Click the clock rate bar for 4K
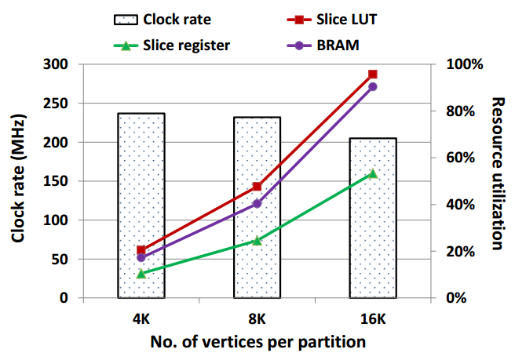(x=141, y=205)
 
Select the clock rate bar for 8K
(x=257, y=207)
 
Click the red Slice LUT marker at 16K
(x=373, y=75)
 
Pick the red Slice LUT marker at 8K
(x=257, y=187)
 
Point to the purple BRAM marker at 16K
(x=373, y=86)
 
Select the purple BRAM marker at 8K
(x=257, y=204)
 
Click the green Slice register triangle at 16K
(x=373, y=173)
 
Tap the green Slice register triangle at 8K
(x=257, y=241)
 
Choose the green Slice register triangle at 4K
(x=141, y=274)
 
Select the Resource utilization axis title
(x=497, y=173)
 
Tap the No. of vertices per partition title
(x=257, y=342)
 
